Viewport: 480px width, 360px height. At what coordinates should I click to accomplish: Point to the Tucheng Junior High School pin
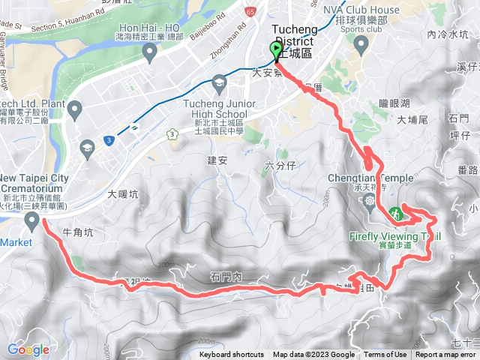[x=219, y=82]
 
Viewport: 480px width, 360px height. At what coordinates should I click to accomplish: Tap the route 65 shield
[x=250, y=11]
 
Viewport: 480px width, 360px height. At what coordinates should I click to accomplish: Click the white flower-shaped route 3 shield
[x=172, y=134]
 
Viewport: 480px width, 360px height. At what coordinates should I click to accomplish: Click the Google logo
[x=28, y=349]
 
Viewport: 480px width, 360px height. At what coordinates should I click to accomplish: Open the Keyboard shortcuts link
[x=231, y=355]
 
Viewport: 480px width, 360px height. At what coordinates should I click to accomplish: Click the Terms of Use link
[x=385, y=355]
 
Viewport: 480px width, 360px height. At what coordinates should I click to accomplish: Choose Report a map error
[x=445, y=355]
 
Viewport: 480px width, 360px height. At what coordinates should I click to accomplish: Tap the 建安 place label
[x=217, y=160]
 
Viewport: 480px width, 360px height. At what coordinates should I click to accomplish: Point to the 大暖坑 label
[x=123, y=193]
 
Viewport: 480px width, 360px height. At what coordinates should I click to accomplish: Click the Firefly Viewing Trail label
[x=394, y=235]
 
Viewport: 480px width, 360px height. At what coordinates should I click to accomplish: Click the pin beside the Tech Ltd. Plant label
[x=74, y=111]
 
